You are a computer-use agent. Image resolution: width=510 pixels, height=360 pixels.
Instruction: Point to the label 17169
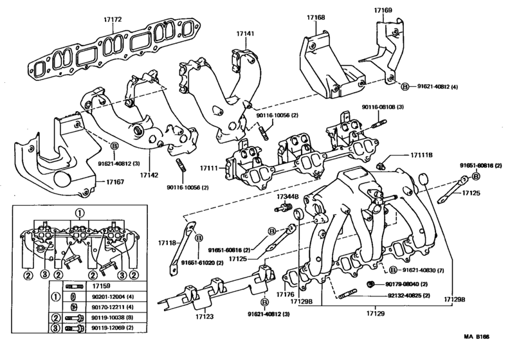click(384, 10)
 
